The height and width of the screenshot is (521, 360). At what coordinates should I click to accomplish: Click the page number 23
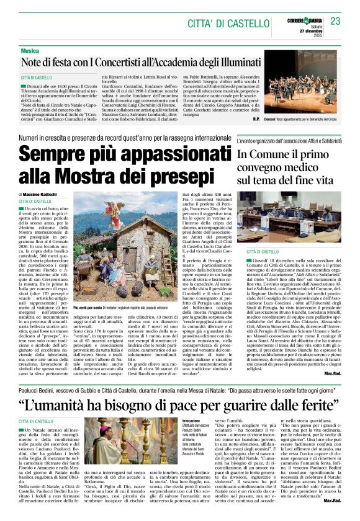coord(335,21)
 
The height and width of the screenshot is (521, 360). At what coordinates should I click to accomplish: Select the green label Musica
coord(29,50)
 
